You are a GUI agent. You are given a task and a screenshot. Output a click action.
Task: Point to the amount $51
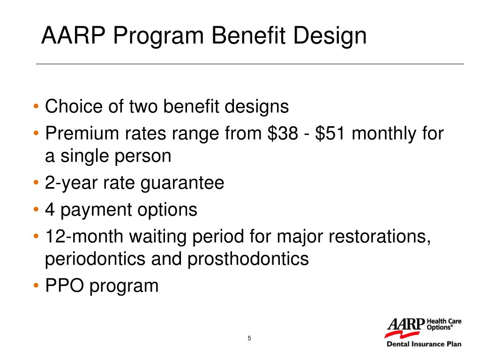tap(330, 134)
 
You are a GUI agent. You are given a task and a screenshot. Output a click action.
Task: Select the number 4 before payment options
tap(49, 210)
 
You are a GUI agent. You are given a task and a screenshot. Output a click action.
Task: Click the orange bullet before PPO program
tap(37, 286)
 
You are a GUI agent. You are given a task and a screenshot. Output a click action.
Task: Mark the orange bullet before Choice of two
tap(37, 107)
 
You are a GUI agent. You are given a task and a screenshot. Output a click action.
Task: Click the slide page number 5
tap(249, 339)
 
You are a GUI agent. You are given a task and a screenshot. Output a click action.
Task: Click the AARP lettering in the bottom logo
tap(405, 324)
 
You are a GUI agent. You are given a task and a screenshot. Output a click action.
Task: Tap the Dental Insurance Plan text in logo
tap(423, 344)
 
